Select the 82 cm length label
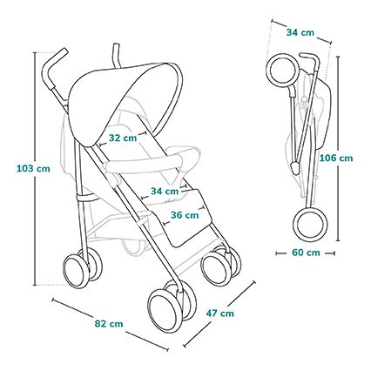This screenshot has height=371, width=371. (109, 323)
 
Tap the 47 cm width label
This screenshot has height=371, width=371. (220, 313)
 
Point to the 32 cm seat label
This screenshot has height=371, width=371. (122, 138)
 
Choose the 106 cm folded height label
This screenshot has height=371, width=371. (336, 158)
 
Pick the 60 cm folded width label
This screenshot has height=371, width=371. (306, 253)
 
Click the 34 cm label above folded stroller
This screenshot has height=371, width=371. (300, 32)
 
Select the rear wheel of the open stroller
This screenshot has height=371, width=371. (78, 268)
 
